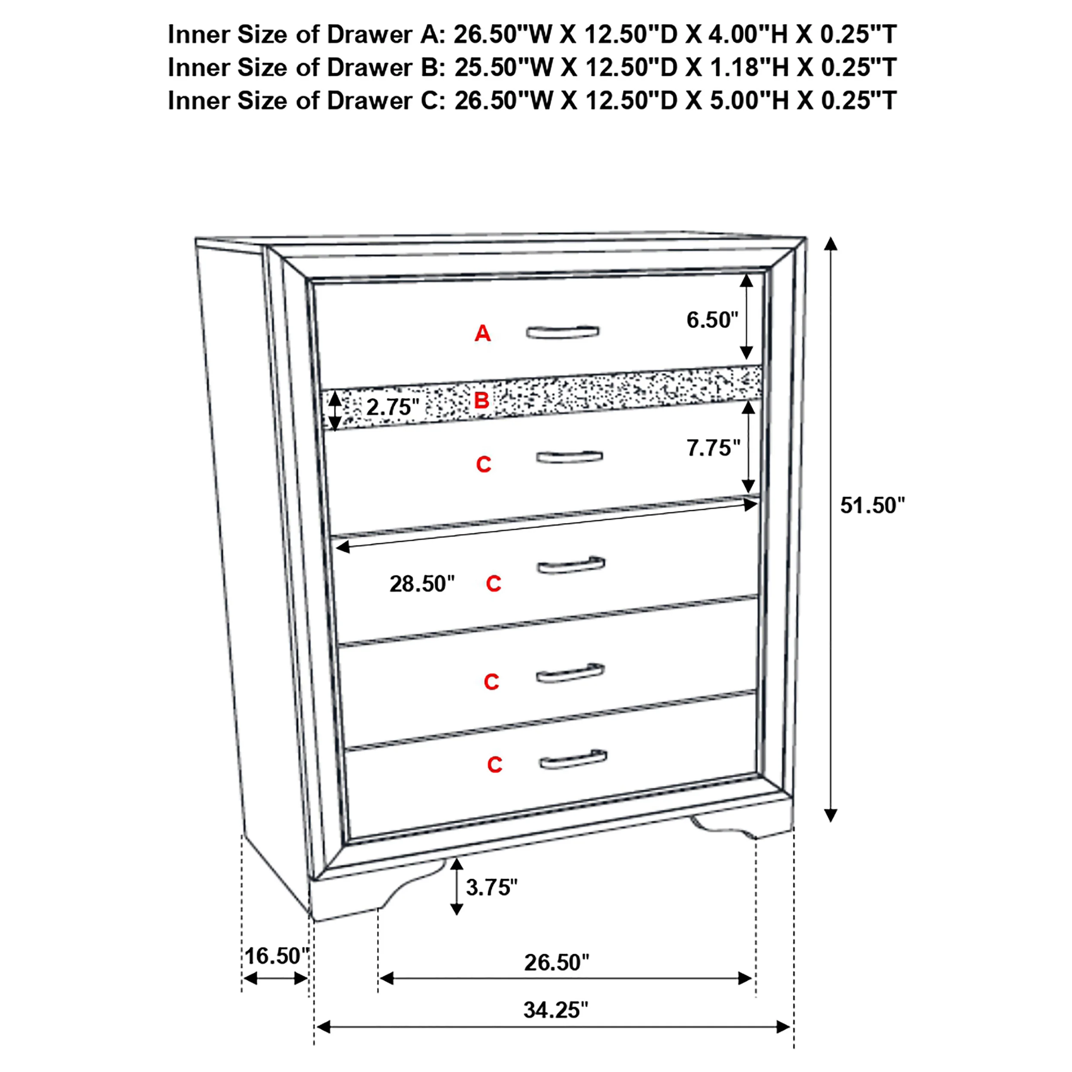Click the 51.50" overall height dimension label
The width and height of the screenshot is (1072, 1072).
pos(872,506)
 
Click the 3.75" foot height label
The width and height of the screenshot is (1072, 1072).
pos(491,888)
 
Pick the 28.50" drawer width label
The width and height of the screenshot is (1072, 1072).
pos(422,584)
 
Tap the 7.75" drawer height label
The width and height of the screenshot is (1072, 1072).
pos(714,448)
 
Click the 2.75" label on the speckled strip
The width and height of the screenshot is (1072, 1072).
pos(392,407)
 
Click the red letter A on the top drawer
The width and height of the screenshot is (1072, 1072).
pos(482,334)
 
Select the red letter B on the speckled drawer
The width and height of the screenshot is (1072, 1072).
pos(482,400)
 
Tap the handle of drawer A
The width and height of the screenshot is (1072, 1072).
pos(563,332)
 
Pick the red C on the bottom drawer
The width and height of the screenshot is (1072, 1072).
pos(494,765)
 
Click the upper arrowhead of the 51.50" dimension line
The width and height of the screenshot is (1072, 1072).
pos(830,244)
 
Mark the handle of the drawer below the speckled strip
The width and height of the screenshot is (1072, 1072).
pos(569,457)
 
